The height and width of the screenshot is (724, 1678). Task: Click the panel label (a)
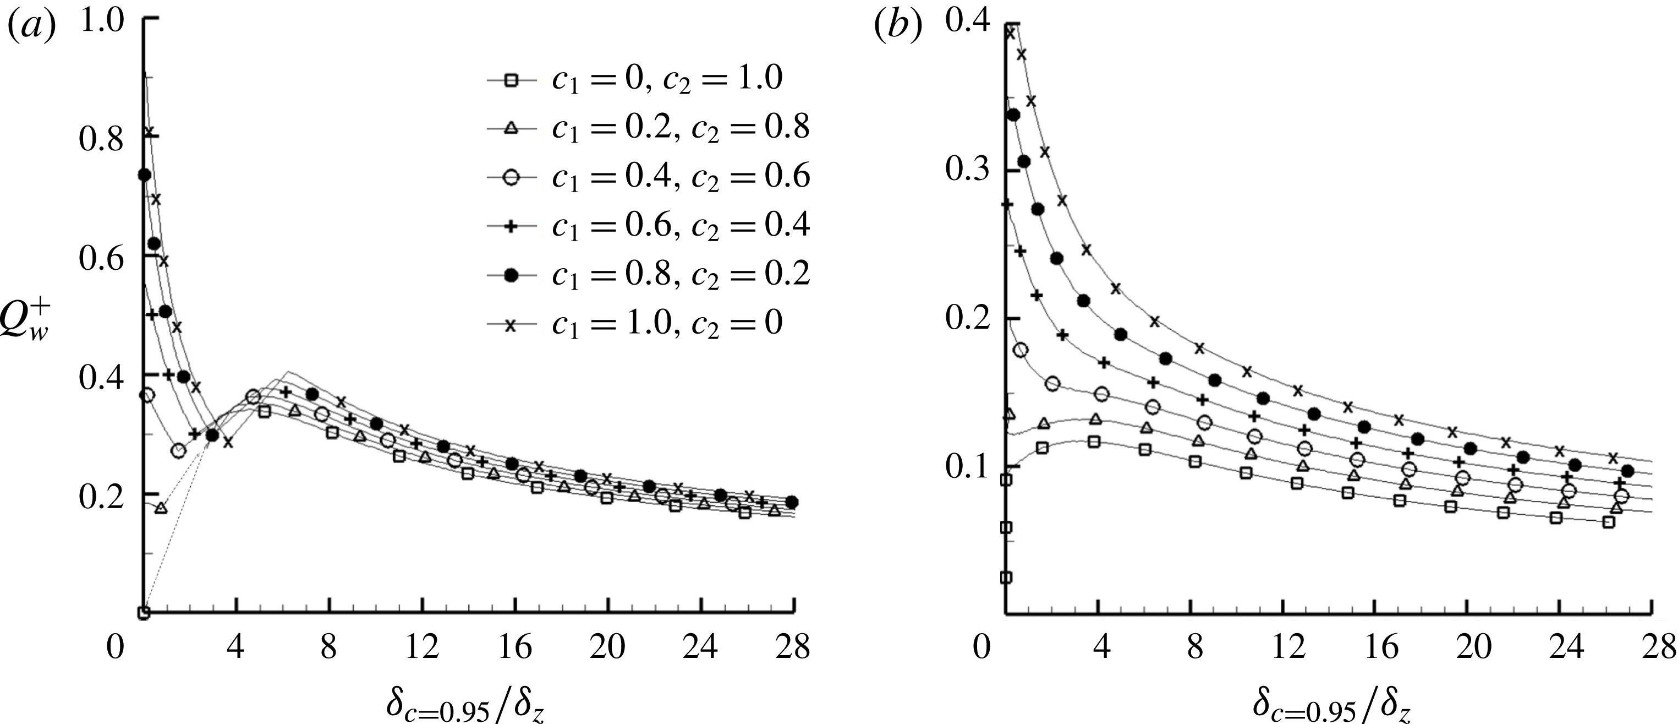point(31,27)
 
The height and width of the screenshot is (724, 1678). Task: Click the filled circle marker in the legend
point(512,275)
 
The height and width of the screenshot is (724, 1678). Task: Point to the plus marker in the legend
point(512,226)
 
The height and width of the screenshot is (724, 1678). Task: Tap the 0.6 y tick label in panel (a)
point(101,259)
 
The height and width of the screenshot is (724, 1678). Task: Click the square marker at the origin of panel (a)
point(144,613)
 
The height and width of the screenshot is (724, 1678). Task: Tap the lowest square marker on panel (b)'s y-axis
point(1006,577)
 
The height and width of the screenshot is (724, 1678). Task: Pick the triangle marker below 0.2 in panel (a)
point(160,508)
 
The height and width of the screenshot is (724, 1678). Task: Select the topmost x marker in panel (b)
point(1010,33)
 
